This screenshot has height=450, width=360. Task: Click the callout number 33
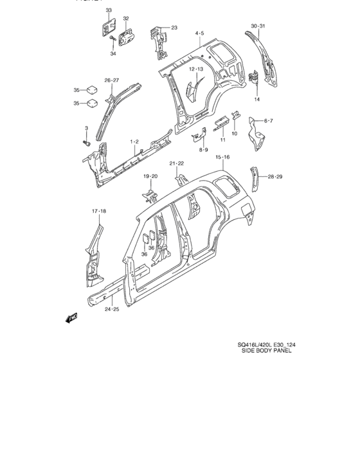pyautogui.click(x=108, y=10)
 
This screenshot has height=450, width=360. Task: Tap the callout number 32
pyautogui.click(x=125, y=19)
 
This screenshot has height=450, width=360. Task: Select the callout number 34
pyautogui.click(x=113, y=53)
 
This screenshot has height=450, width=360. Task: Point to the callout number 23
pyautogui.click(x=174, y=28)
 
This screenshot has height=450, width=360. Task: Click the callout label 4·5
pyautogui.click(x=199, y=33)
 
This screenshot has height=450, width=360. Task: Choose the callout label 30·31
pyautogui.click(x=258, y=26)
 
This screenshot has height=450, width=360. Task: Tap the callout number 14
pyautogui.click(x=257, y=99)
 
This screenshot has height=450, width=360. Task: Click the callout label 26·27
pyautogui.click(x=112, y=80)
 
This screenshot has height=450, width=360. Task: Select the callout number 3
pyautogui.click(x=85, y=129)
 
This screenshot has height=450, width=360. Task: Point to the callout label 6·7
pyautogui.click(x=269, y=121)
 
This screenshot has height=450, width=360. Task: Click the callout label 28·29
pyautogui.click(x=275, y=175)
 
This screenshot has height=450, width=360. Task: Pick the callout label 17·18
pyautogui.click(x=98, y=210)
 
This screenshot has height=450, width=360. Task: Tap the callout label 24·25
pyautogui.click(x=112, y=309)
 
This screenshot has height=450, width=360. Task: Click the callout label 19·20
pyautogui.click(x=150, y=175)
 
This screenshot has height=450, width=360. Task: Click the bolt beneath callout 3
pyautogui.click(x=85, y=141)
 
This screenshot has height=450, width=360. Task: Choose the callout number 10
pyautogui.click(x=234, y=134)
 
